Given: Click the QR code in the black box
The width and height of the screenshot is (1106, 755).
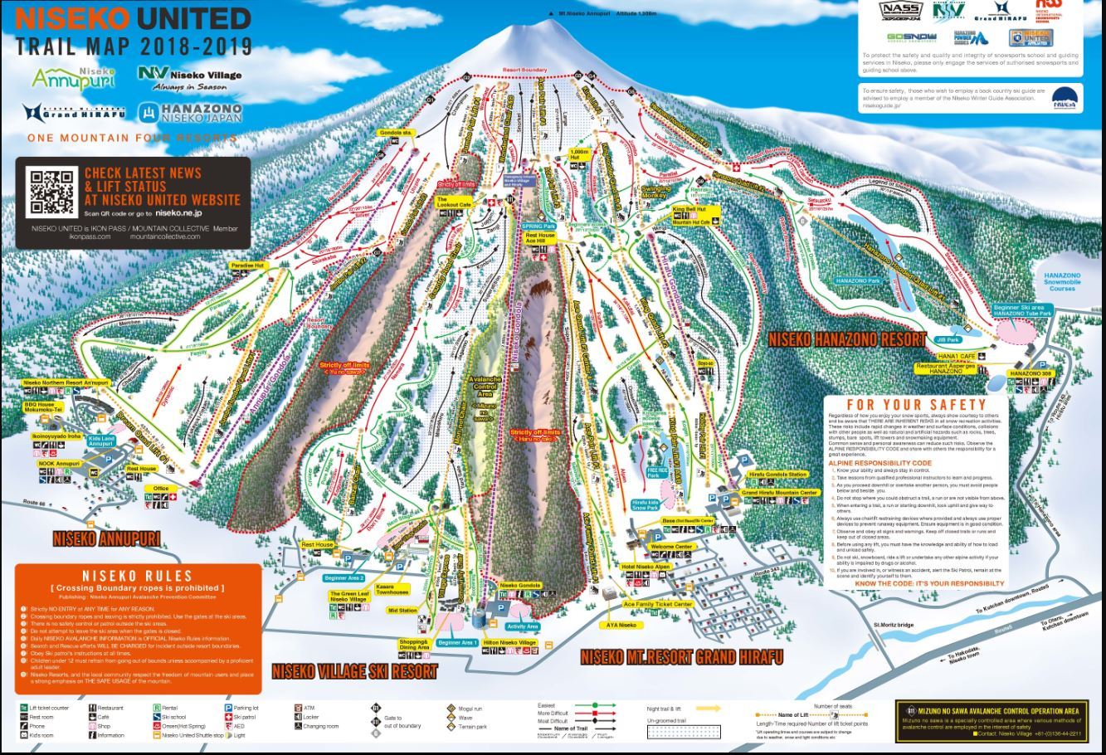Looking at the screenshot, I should coord(51,192).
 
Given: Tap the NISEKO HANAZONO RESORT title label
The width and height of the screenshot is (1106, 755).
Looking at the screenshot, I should coord(846,339).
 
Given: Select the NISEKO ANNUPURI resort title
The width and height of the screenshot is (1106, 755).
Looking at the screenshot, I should coord(106,538).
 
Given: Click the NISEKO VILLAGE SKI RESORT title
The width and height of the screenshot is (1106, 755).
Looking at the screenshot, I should coord(354,670).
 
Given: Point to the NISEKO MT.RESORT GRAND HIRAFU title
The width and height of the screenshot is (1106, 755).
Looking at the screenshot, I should coord(681,656).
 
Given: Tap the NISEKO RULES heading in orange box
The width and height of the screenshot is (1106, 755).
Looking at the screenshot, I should coord(137,576).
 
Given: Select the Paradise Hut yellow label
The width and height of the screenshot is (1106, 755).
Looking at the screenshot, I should coord(247,265).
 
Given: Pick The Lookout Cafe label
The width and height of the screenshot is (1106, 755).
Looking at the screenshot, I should coord(454,201).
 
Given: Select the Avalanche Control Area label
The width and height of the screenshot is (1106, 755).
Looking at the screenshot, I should coord(485,387).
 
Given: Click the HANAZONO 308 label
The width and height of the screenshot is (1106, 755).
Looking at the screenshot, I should coord(1030,374).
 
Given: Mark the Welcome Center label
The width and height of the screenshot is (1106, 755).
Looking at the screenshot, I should coord(671,547).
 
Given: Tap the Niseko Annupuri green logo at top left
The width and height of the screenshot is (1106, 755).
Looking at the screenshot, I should coord(73,78).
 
